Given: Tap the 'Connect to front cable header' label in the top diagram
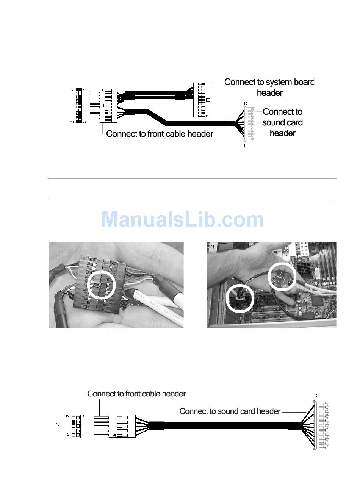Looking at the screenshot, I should [160, 134].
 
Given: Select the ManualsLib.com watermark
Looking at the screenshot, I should [182, 220].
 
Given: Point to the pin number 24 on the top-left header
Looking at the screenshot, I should [72, 122].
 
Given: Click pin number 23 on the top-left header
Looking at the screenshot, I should [85, 122].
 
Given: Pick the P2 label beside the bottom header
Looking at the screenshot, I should [57, 425].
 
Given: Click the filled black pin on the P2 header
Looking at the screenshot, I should [74, 426].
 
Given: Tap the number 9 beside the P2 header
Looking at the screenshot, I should [83, 417].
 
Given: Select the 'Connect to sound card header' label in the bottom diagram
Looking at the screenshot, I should [230, 411].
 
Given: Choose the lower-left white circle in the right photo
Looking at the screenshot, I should [239, 298].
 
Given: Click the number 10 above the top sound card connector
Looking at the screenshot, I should [245, 103].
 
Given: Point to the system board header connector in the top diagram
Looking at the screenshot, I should [202, 100].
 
